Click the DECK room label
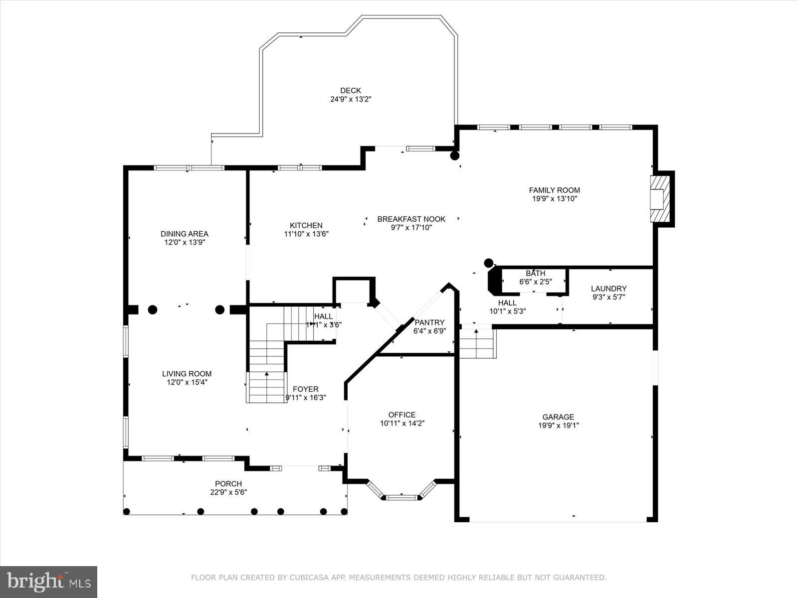(350, 91)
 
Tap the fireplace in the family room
(659, 198)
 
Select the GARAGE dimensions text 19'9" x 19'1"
(558, 426)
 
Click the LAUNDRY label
(608, 289)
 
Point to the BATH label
(535, 273)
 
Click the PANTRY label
(429, 322)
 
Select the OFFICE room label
(401, 415)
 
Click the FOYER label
(305, 389)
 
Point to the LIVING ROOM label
(187, 374)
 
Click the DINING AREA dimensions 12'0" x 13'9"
(185, 242)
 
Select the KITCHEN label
(306, 225)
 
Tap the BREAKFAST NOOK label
(411, 219)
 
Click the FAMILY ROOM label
(554, 190)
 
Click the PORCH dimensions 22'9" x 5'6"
(228, 492)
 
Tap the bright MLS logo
(48, 582)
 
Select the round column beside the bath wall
(489, 263)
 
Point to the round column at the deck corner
(454, 155)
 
